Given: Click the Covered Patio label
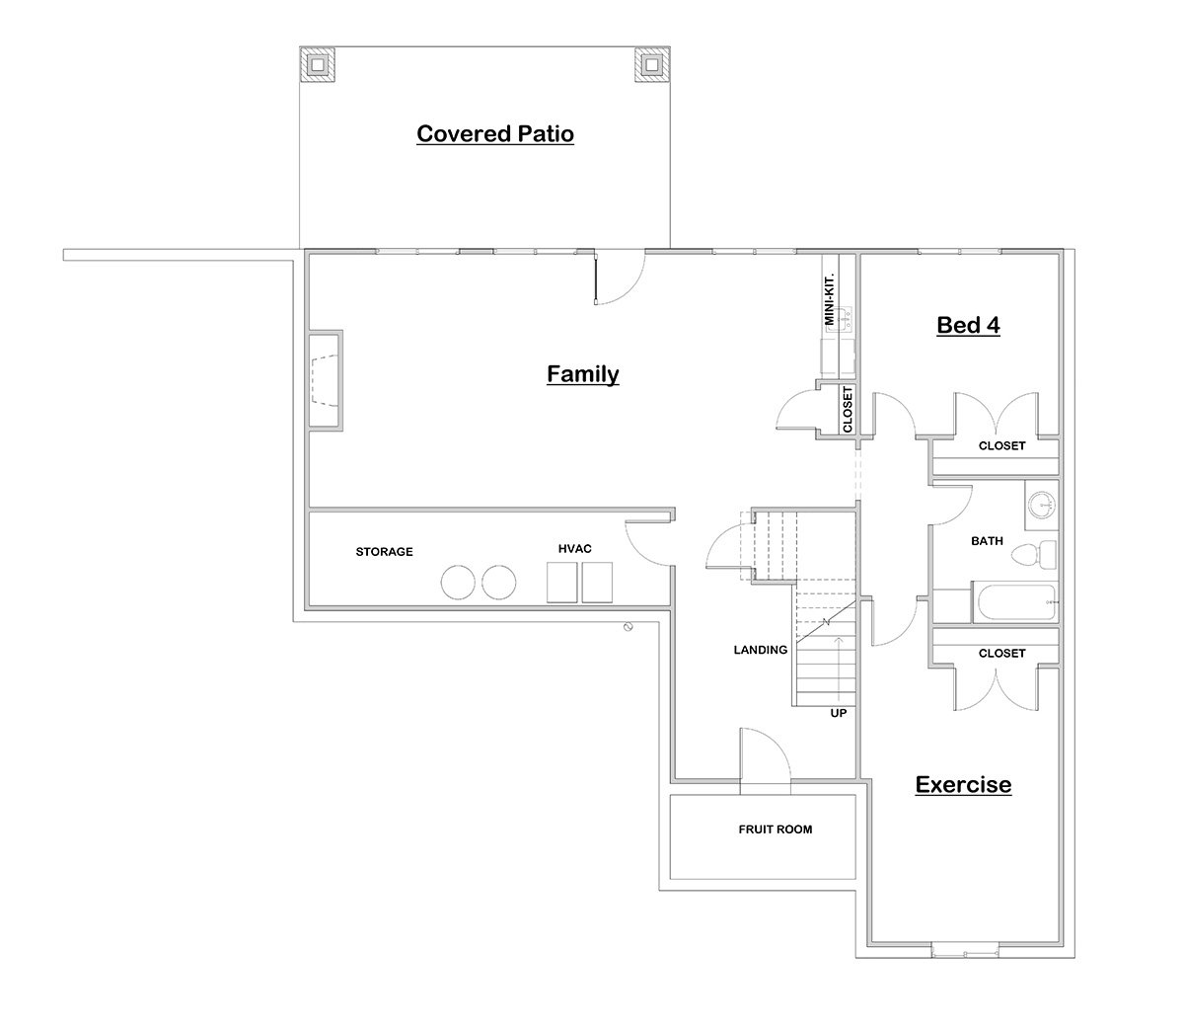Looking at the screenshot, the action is pos(495,133).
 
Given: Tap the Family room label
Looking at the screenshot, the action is pos(582,374).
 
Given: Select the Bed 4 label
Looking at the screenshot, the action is pos(968,325).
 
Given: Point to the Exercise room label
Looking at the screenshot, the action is pos(963,784).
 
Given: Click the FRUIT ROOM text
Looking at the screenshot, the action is pos(775,829).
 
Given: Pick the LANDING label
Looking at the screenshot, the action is pos(760,650).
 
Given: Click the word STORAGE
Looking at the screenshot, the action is pos(384,551).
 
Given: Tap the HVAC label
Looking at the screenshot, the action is pos(574,548).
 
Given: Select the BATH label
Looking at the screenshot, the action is pos(987,540).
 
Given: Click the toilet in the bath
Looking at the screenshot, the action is pos(1034,555).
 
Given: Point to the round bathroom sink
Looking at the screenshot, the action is pos(1042,505).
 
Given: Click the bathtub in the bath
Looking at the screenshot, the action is pos(1015,602).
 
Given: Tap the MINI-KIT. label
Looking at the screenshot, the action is pos(830,300).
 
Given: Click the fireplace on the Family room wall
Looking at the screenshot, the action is pos(326,380).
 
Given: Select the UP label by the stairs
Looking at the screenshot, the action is pos(839,713).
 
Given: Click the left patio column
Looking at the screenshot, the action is pos(317,64).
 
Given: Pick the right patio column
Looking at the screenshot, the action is pos(652,64).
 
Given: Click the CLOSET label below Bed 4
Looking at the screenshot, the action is pos(1001,445).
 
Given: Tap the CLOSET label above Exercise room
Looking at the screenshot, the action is pos(1001,653).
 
